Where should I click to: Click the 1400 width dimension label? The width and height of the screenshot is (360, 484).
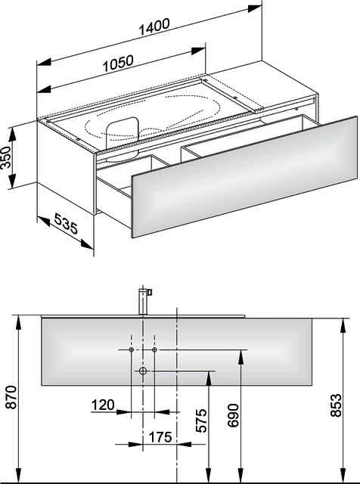(x=154, y=27)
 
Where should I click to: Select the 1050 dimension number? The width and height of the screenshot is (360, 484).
(x=118, y=64)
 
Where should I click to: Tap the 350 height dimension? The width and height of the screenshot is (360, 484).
(x=6, y=157)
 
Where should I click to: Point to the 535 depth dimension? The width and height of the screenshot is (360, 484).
(x=66, y=223)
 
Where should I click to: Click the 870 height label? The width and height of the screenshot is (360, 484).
(x=11, y=397)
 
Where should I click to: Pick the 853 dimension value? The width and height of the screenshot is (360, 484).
(x=337, y=405)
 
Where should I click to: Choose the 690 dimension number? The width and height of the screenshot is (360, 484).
(x=234, y=415)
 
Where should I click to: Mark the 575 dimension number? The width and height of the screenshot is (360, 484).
(x=201, y=420)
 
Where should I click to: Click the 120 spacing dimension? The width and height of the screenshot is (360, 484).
(x=103, y=405)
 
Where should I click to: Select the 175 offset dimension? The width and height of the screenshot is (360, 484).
(x=160, y=437)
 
